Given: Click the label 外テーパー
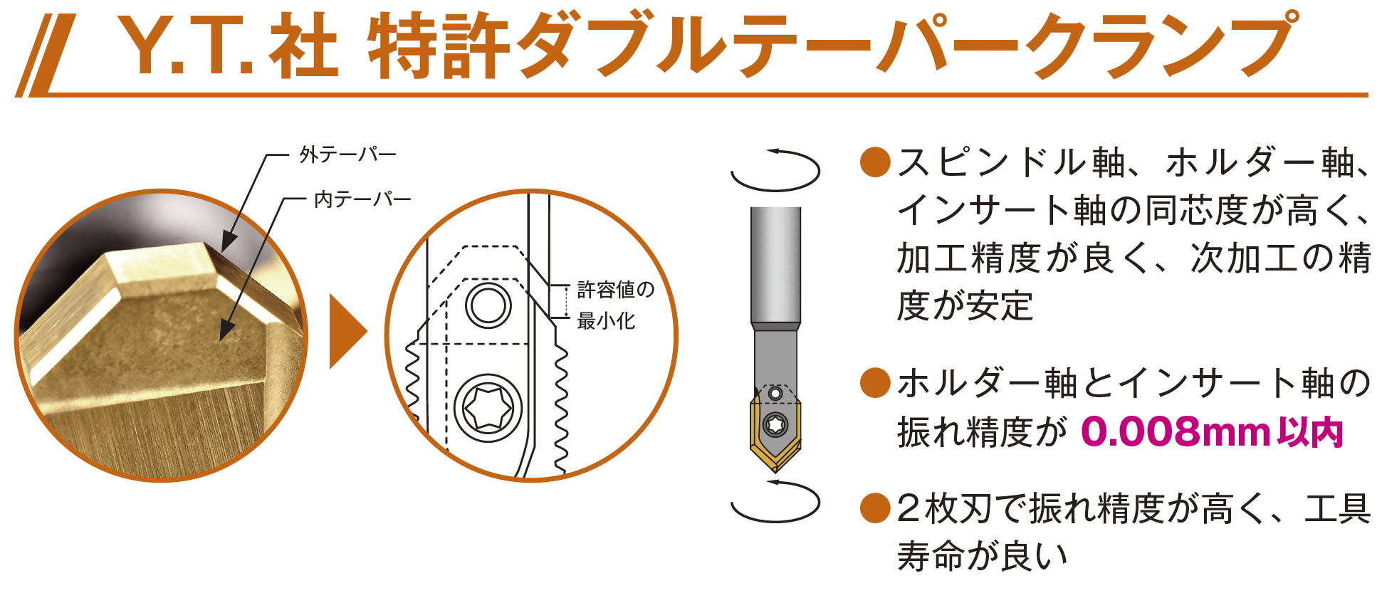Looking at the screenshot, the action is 347,154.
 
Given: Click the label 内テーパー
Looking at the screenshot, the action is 362,199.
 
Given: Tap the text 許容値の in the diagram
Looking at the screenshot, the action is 615,290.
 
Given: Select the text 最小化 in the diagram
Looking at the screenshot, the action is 606,321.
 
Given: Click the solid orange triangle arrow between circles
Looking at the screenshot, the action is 348,332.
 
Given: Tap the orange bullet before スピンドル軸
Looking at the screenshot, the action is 875,162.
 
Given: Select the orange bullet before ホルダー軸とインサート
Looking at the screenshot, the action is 875,383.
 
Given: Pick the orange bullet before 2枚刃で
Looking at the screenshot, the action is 875,508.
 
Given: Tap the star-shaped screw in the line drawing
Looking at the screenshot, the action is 488,409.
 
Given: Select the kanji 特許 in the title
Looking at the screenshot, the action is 439,46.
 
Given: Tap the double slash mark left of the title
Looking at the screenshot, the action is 45,56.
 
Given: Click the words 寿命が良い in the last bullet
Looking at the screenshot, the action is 983,556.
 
